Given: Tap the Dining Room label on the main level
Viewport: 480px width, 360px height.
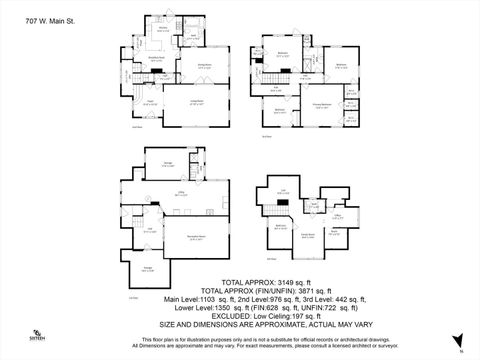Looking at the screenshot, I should [202, 65].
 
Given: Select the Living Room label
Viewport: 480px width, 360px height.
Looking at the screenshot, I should [198, 100].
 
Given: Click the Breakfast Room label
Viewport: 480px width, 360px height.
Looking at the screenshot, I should [157, 57].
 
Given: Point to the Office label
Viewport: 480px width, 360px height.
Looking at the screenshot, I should [338, 214].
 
